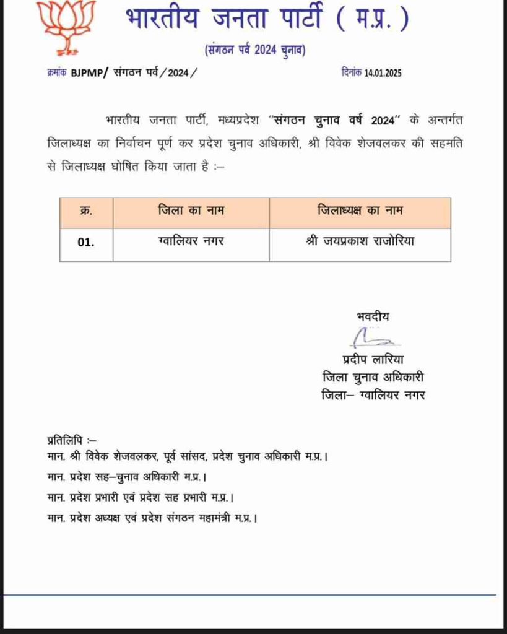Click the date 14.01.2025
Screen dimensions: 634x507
click(x=383, y=72)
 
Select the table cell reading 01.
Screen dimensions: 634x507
click(x=86, y=243)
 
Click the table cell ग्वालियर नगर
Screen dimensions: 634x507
click(x=191, y=241)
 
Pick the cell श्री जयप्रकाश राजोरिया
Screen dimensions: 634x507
click(x=360, y=241)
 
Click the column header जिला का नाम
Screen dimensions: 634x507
click(x=191, y=211)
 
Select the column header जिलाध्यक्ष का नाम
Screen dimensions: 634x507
click(x=360, y=211)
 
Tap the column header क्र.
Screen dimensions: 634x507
click(x=86, y=211)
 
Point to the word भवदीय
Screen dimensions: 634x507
click(x=373, y=316)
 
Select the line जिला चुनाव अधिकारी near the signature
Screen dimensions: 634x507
click(x=373, y=376)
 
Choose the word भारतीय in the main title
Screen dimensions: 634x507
click(x=162, y=20)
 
